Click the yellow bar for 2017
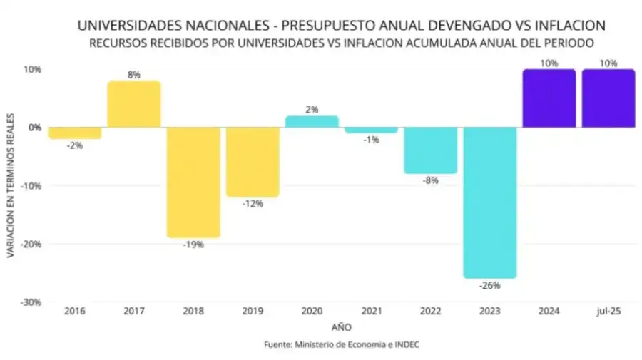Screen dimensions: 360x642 tap(134, 104)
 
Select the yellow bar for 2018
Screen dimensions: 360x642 tap(193, 182)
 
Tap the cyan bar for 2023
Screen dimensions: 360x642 tap(489, 202)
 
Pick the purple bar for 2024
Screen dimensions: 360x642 tap(549, 98)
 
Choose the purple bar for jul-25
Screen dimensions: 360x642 tap(608, 98)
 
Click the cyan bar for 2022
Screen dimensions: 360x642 tap(430, 150)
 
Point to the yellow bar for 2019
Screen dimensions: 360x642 tap(253, 162)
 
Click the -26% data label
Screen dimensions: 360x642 tap(489, 285)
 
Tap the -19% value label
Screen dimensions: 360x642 tap(193, 245)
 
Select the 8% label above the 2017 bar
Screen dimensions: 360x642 tap(134, 74)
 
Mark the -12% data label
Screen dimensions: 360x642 tap(253, 204)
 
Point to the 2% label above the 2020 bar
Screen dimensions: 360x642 tap(312, 109)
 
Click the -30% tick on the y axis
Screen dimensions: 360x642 tap(31, 302)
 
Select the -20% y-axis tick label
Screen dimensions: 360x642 tap(31, 244)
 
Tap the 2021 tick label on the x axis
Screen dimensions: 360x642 tap(371, 312)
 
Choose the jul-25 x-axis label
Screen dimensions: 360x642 tap(608, 312)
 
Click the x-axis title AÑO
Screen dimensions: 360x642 tap(341, 327)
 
